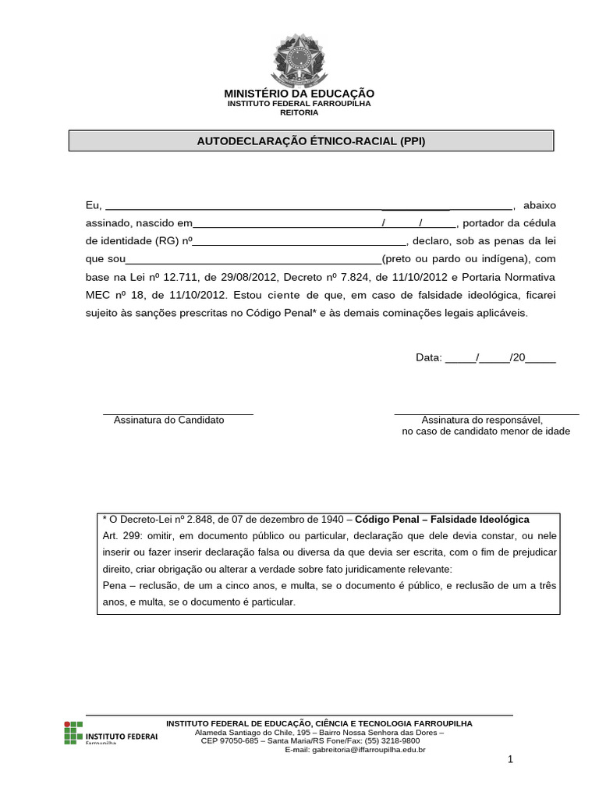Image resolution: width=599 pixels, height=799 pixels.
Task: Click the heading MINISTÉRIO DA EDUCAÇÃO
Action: point(299,94)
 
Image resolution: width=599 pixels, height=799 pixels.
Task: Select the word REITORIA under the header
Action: point(299,112)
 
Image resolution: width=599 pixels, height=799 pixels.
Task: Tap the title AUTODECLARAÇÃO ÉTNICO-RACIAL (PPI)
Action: point(311,141)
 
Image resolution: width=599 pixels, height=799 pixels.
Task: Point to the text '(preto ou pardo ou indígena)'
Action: point(455,259)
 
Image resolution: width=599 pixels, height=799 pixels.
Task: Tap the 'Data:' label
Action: point(428,357)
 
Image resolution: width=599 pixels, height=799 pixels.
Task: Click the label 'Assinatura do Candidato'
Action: point(169,420)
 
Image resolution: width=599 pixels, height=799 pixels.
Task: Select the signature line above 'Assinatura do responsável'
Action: point(486,414)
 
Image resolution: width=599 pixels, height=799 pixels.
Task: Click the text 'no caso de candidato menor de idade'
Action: point(486,431)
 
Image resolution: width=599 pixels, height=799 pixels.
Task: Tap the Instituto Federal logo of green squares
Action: point(73,731)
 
